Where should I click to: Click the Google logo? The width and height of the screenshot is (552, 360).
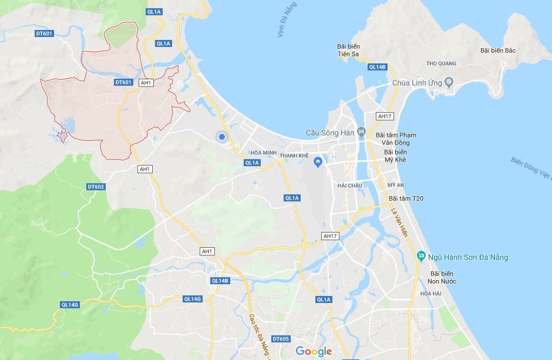(314, 351)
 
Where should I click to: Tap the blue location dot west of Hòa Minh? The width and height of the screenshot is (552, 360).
(222, 137)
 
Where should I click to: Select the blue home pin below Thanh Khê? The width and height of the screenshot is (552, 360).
(318, 162)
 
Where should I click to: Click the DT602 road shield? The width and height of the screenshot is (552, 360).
(95, 187)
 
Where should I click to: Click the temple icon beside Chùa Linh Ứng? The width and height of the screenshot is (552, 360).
(449, 82)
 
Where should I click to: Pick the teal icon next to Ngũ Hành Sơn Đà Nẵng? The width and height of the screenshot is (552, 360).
(420, 257)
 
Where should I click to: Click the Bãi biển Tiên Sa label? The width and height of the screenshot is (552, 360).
(348, 51)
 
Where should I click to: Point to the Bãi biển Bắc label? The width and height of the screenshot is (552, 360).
(497, 51)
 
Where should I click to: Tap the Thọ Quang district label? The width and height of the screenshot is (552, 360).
(441, 63)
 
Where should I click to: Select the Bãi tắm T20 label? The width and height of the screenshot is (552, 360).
(406, 198)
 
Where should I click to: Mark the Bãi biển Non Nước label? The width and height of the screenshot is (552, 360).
(443, 277)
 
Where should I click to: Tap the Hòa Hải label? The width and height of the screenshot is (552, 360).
(430, 294)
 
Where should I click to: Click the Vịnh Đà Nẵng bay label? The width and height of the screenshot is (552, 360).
(287, 20)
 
